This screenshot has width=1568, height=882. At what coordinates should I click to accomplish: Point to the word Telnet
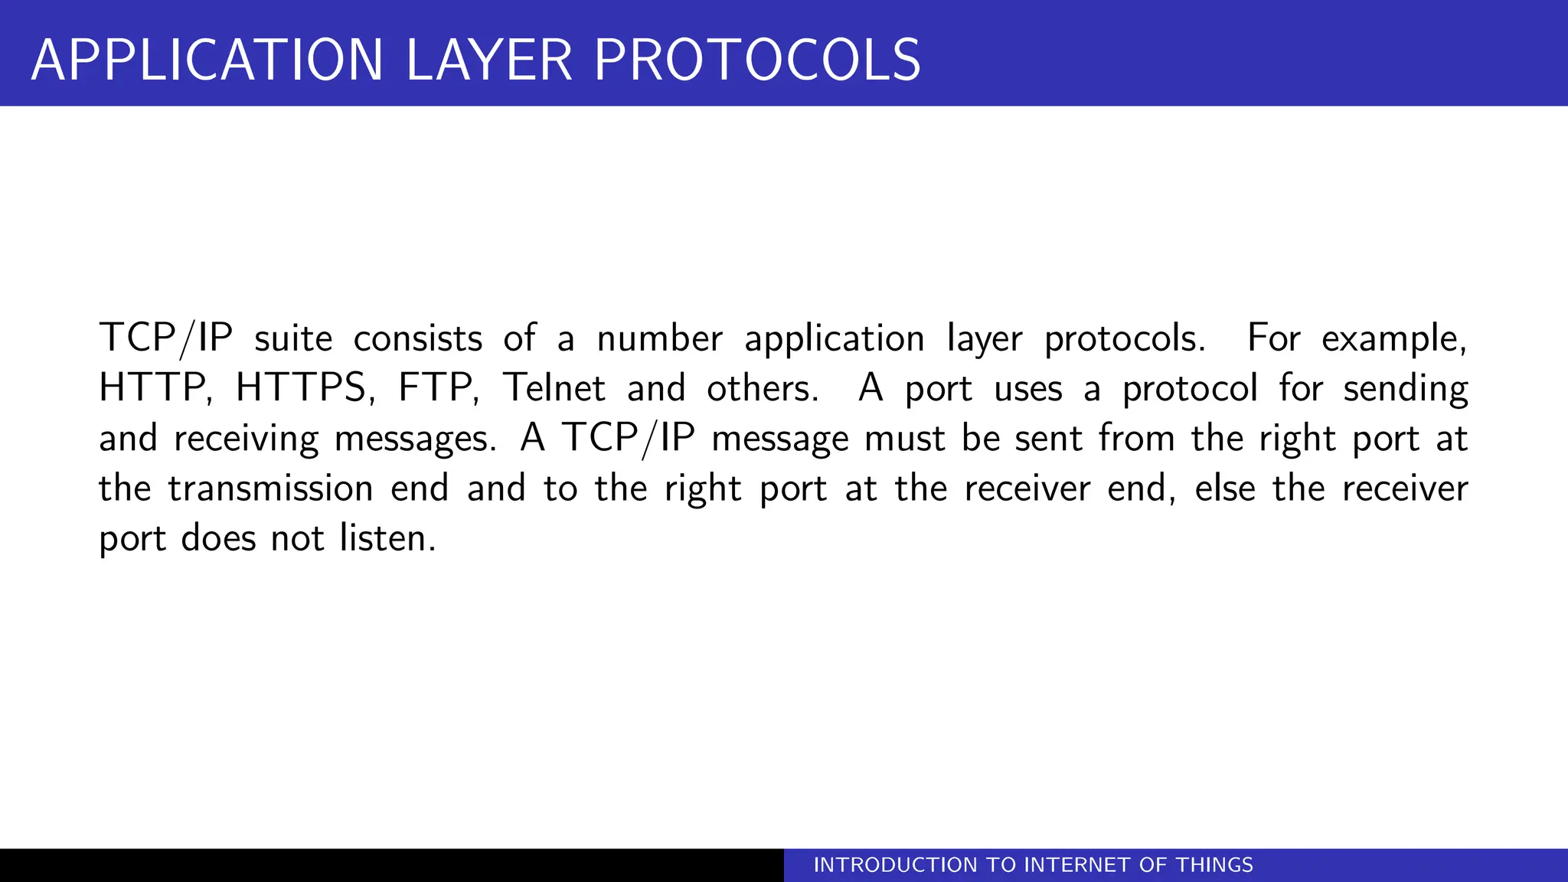(554, 388)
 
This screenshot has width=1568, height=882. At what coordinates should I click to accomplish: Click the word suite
(293, 338)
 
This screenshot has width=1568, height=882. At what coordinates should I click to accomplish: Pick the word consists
(417, 338)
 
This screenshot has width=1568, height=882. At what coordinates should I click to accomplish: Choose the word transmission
(270, 488)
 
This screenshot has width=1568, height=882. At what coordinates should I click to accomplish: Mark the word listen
(387, 538)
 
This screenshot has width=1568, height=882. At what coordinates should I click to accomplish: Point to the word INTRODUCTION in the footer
(897, 865)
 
